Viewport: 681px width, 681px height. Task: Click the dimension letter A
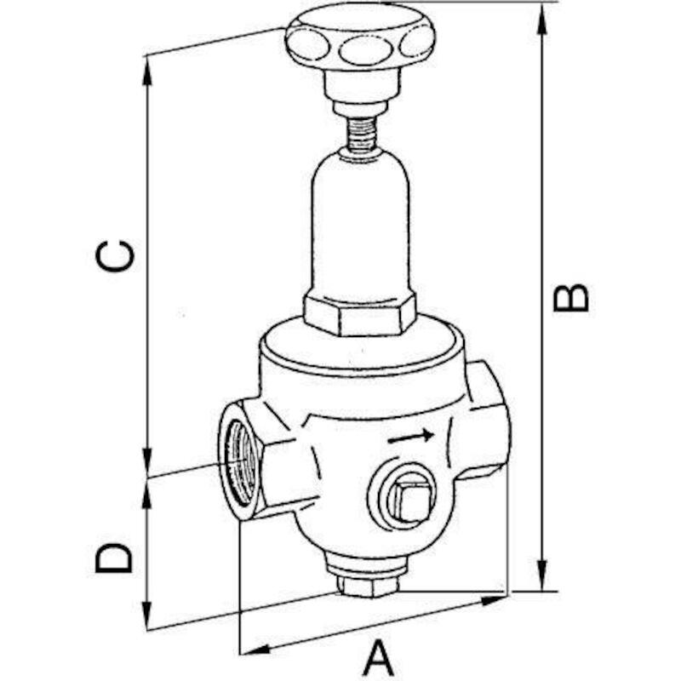point(377,661)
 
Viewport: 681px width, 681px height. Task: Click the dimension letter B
point(570,298)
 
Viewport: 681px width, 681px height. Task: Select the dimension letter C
point(115,256)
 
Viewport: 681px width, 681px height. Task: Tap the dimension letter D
point(114,558)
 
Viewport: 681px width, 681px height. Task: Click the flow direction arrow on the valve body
point(411,437)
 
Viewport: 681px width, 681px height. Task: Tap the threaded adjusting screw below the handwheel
point(361,134)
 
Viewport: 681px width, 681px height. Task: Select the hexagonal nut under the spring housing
point(358,314)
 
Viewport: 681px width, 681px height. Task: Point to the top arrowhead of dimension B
point(542,20)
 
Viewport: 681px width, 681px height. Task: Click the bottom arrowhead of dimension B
point(542,575)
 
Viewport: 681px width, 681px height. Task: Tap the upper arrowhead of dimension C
point(147,73)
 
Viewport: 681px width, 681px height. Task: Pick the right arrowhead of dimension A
point(491,602)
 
